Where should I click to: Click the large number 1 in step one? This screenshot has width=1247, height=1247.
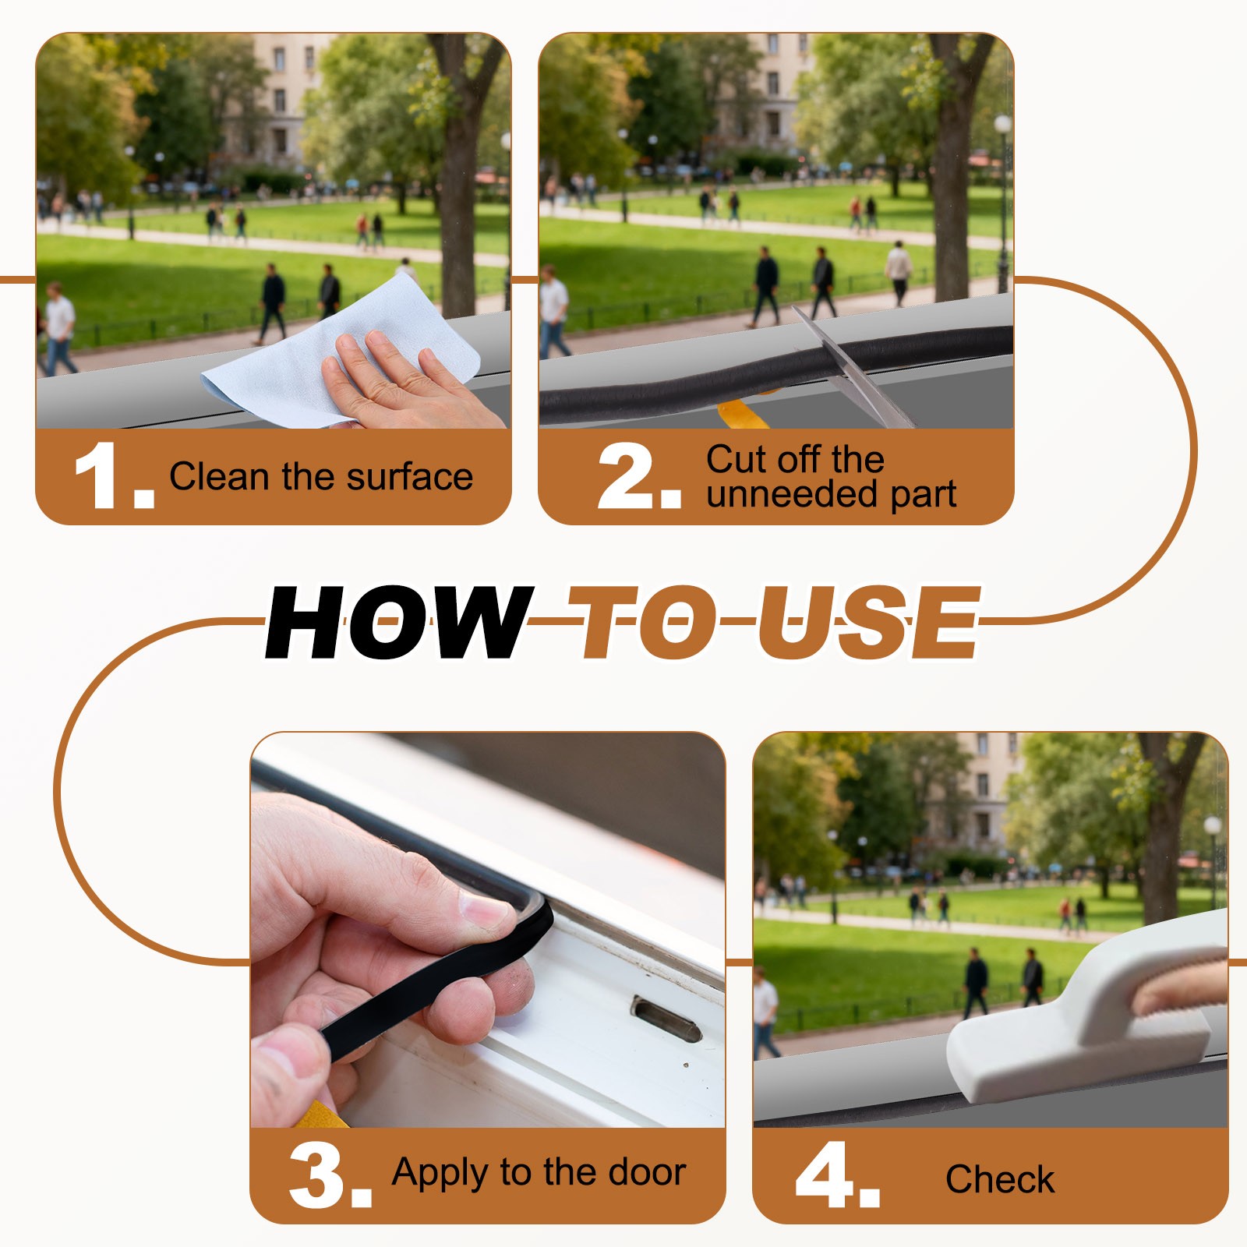101,475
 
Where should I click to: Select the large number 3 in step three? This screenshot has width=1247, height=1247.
318,1175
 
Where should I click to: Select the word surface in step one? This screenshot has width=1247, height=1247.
410,476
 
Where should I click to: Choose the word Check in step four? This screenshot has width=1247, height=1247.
1000,1179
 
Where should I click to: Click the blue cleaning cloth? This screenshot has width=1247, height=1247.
343,351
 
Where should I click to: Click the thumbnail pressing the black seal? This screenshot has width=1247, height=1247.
485,910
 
